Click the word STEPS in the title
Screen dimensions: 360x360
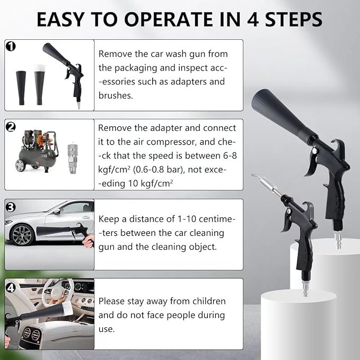pyautogui.click(x=294, y=20)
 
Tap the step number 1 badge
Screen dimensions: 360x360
pyautogui.click(x=11, y=46)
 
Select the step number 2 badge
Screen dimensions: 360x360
pyautogui.click(x=11, y=127)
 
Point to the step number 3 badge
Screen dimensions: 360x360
pyautogui.click(x=11, y=207)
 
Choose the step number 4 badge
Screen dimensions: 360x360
pyautogui.click(x=11, y=288)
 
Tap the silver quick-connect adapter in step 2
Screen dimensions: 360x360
pyautogui.click(x=72, y=159)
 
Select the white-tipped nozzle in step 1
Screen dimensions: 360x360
pyautogui.click(x=39, y=84)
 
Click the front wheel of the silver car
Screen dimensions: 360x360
pyautogui.click(x=22, y=235)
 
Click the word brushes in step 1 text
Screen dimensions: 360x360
pyautogui.click(x=115, y=95)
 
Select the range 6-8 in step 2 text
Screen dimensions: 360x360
pyautogui.click(x=230, y=156)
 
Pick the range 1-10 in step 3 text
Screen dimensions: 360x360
pyautogui.click(x=187, y=219)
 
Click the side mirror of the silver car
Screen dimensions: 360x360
pyautogui.click(x=57, y=211)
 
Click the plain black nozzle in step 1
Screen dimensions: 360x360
pyautogui.click(x=21, y=88)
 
